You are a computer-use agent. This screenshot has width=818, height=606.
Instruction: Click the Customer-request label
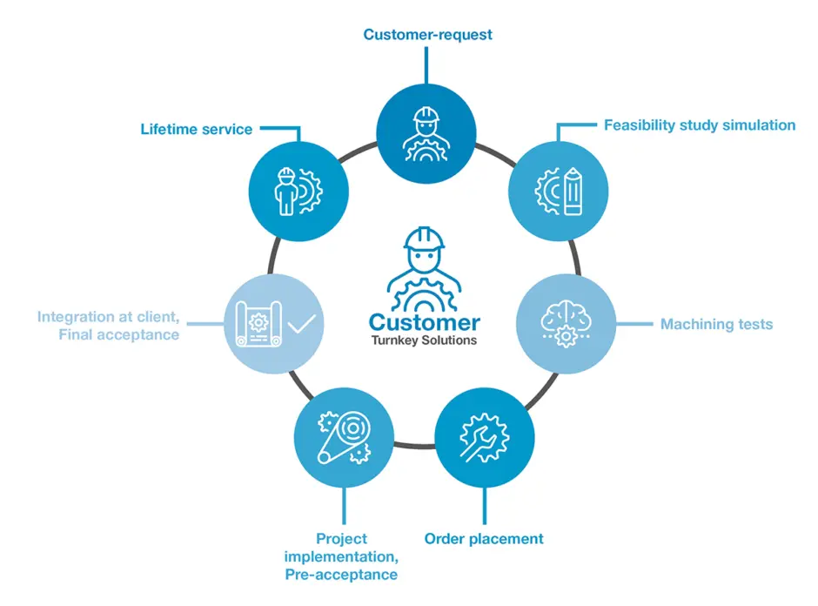click(427, 35)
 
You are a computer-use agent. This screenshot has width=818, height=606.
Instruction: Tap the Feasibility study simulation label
click(700, 125)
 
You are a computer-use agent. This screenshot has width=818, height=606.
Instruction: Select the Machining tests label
click(716, 324)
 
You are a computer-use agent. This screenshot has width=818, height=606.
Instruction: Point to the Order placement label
click(484, 539)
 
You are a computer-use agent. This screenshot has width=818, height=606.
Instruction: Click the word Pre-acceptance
click(341, 575)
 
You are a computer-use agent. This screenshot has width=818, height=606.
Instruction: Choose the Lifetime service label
click(196, 130)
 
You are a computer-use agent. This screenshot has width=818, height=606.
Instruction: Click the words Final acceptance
click(119, 334)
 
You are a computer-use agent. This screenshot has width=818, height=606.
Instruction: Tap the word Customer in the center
click(424, 322)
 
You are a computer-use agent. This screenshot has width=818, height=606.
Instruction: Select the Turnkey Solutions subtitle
click(424, 340)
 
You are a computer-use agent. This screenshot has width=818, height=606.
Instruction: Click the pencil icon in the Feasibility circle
click(573, 191)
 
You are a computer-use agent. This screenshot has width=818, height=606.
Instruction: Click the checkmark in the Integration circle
click(302, 324)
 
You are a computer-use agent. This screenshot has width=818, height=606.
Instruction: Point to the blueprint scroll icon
click(258, 324)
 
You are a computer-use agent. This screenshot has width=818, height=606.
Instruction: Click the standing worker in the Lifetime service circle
click(286, 192)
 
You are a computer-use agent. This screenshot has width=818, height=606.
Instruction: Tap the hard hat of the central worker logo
click(424, 239)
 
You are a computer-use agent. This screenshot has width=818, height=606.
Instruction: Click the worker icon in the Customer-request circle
click(426, 134)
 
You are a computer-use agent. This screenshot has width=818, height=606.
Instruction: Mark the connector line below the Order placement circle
click(485, 506)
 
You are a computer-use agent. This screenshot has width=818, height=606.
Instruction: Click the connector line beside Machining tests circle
click(634, 324)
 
